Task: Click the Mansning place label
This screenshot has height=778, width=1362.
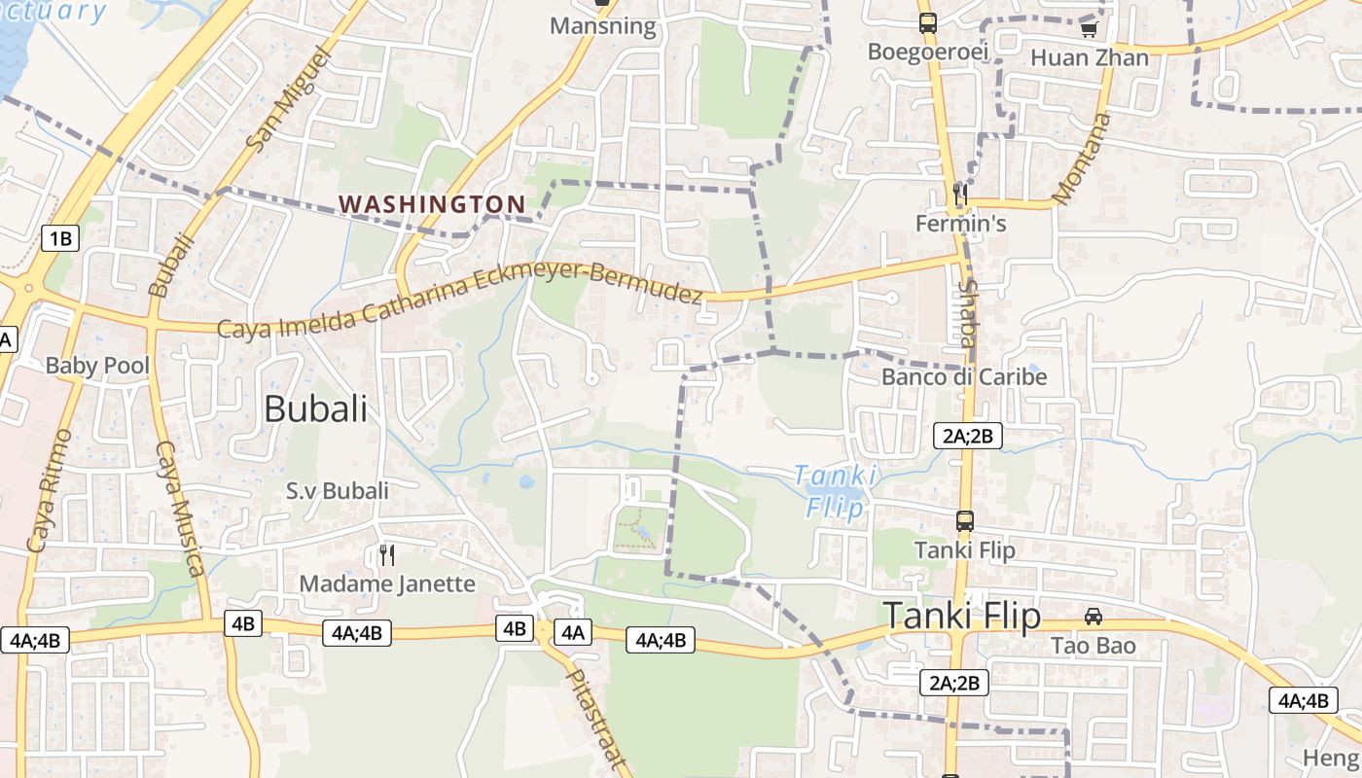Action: pos(603,25)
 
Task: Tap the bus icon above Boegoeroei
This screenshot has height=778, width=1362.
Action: pos(928,22)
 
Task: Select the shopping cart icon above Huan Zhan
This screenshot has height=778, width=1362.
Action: pos(1090,29)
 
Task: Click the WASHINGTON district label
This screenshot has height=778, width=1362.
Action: pos(432,204)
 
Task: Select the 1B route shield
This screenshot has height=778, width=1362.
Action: pos(59,237)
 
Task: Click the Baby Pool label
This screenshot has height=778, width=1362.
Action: pos(98,366)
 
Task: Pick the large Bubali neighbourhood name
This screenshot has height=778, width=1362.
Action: pos(316,408)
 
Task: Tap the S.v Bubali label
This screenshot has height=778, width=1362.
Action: pos(337,490)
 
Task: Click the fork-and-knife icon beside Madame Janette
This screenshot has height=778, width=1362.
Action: pos(387,555)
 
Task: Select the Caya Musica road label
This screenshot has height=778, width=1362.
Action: pos(180,508)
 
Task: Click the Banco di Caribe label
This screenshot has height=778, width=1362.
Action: pos(964,376)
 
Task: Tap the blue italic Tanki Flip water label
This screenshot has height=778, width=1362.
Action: pos(836,491)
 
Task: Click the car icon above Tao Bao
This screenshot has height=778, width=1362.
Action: pos(1093,617)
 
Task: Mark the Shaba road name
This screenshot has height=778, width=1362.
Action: pos(967,313)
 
